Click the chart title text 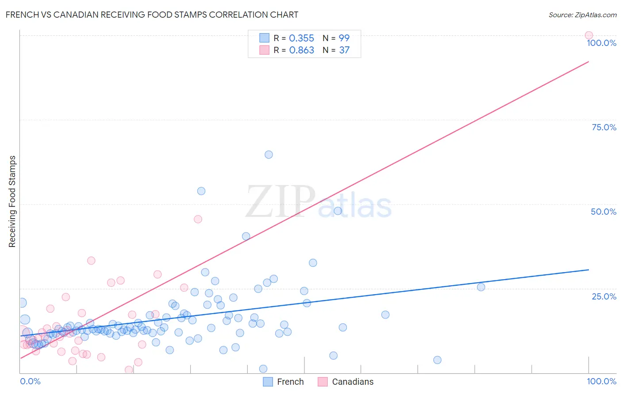tap(152, 15)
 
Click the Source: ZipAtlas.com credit tap(582, 15)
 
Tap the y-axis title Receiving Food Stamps tap(12, 201)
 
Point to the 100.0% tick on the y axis tap(601, 43)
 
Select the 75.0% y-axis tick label tap(604, 127)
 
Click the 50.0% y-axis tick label tap(603, 212)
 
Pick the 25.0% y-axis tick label tap(604, 296)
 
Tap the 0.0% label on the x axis tap(30, 381)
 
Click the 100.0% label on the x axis tap(601, 381)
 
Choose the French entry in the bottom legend tap(284, 382)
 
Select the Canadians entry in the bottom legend tap(346, 382)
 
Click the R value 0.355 tap(301, 38)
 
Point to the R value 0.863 tap(301, 50)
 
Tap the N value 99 tap(344, 38)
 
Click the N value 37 tap(344, 50)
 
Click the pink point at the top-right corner tap(589, 35)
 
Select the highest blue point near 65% tap(269, 155)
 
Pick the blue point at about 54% tap(201, 191)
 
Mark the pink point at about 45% tap(198, 219)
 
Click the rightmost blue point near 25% tap(481, 287)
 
